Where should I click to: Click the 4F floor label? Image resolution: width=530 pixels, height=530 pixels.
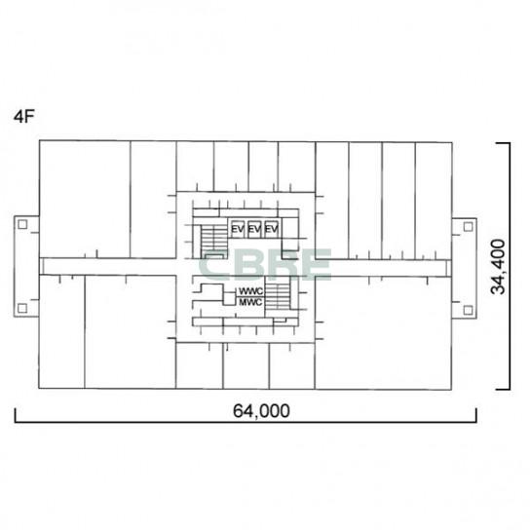(x=23, y=117)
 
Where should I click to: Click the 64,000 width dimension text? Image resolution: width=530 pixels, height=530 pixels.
(x=261, y=411)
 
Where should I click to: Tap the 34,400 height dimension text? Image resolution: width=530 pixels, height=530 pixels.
(x=498, y=267)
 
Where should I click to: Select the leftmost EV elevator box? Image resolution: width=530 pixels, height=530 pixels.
(x=238, y=229)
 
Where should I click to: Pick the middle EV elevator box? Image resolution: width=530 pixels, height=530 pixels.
(x=254, y=229)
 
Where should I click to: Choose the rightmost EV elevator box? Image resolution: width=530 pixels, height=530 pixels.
(x=272, y=229)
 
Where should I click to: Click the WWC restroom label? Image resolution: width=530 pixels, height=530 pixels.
(x=250, y=291)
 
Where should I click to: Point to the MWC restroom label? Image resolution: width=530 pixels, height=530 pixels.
(x=250, y=302)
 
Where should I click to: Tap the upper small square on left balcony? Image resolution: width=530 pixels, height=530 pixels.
(x=22, y=224)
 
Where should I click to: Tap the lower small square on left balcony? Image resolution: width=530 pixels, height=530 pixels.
(x=22, y=308)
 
